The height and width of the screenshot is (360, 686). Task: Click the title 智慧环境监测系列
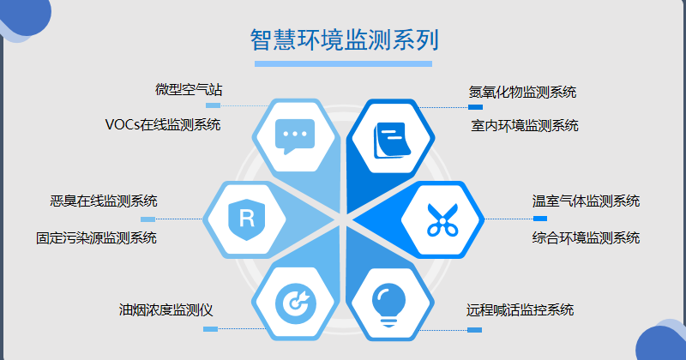click(345, 39)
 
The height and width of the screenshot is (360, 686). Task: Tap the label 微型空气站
click(189, 90)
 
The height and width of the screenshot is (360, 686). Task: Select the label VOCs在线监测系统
click(163, 124)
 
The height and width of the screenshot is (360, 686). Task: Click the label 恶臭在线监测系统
click(104, 201)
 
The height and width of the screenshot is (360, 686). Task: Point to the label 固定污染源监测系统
click(96, 238)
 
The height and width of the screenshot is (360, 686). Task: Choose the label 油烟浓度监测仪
click(165, 310)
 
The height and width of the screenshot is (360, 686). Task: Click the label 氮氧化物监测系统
click(522, 93)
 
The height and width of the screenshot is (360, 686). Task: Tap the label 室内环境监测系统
click(525, 126)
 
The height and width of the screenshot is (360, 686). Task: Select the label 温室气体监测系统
click(586, 201)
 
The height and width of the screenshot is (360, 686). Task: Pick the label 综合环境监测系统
click(586, 238)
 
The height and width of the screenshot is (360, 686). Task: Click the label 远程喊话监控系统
click(520, 310)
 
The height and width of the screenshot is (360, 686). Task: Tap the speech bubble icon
click(295, 136)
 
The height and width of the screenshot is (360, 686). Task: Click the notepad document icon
click(392, 140)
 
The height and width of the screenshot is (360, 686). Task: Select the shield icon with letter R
click(247, 219)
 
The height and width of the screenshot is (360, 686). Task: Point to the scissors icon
click(442, 220)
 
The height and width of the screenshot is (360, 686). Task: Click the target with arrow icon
click(296, 302)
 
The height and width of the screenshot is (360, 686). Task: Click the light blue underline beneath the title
click(344, 64)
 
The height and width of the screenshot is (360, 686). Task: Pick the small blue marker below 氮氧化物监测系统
click(475, 107)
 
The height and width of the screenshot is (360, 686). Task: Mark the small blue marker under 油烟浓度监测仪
click(210, 329)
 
